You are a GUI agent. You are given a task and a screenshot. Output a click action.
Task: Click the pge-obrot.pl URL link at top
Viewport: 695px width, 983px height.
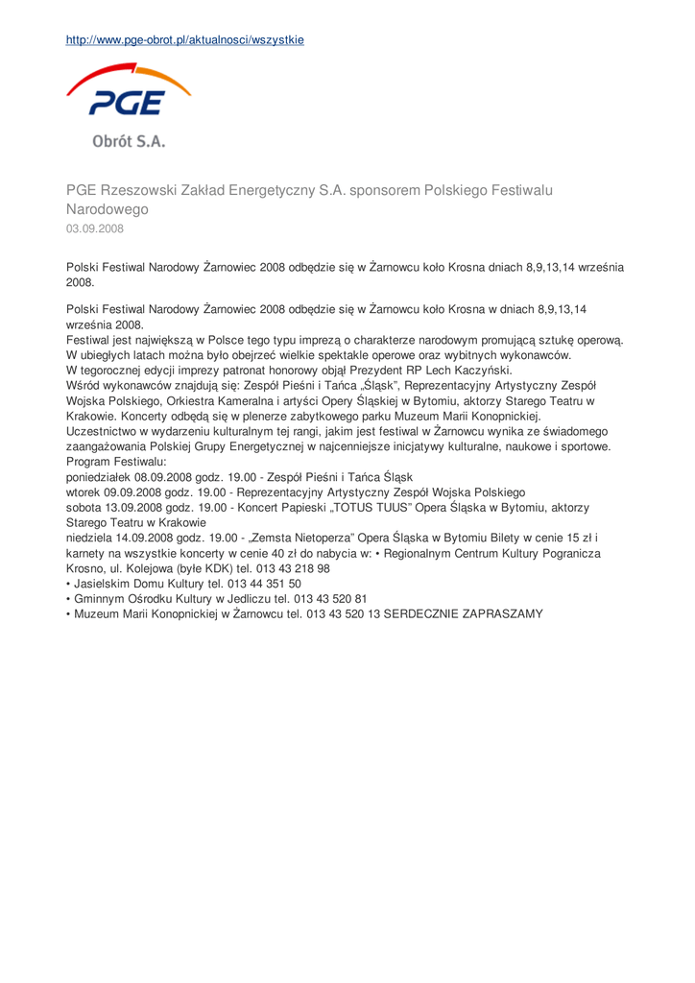[184, 40]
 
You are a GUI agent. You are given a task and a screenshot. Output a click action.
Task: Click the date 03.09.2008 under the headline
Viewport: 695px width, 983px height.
[94, 229]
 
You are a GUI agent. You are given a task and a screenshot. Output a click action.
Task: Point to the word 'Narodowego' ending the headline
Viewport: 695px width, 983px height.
[107, 209]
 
